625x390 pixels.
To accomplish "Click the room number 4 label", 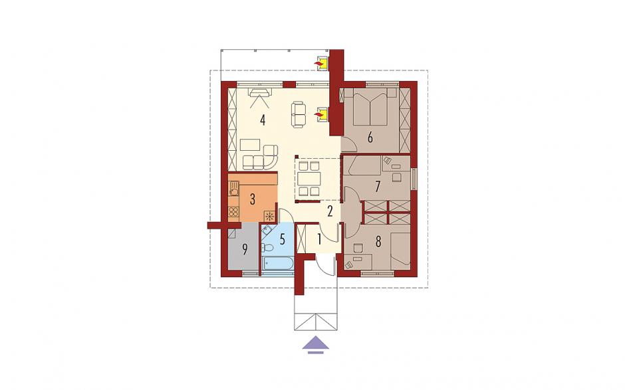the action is coord(262,120).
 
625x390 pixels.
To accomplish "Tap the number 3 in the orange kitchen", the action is coord(252,199).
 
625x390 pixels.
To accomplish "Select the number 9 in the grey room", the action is coord(245,249).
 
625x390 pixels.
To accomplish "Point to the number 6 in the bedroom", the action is coord(370,138).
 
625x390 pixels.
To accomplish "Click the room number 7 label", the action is coord(378,187).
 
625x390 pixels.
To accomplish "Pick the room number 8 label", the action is coord(378,241).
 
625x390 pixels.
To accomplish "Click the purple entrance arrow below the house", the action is coord(316,344).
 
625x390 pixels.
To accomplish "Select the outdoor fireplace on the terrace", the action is coord(322,64).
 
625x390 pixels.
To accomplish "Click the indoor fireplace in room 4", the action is coord(322,115).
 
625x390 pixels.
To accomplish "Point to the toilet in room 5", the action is coord(267,248).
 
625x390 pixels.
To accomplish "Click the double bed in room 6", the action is coord(370,106).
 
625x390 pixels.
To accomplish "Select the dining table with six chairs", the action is coord(309,179).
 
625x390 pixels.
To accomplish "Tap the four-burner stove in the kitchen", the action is coord(233,213).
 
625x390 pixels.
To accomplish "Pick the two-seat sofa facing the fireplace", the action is coord(298,115).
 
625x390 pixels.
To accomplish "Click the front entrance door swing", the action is coord(326,265).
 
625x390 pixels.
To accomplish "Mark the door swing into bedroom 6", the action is coord(348,144).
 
